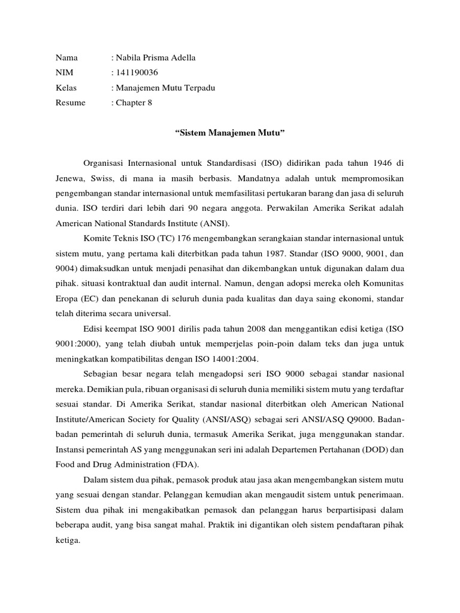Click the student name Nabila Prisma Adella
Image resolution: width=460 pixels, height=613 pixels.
(156, 58)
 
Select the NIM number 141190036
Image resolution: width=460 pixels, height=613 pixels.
(137, 73)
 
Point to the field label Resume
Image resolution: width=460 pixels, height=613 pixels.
(71, 103)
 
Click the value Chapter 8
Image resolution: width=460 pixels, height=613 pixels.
(134, 103)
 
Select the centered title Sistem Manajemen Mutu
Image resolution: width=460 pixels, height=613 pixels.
(229, 132)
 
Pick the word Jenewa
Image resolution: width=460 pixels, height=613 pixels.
(69, 178)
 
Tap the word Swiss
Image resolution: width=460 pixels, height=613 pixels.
(104, 178)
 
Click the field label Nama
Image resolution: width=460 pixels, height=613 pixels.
(67, 58)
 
